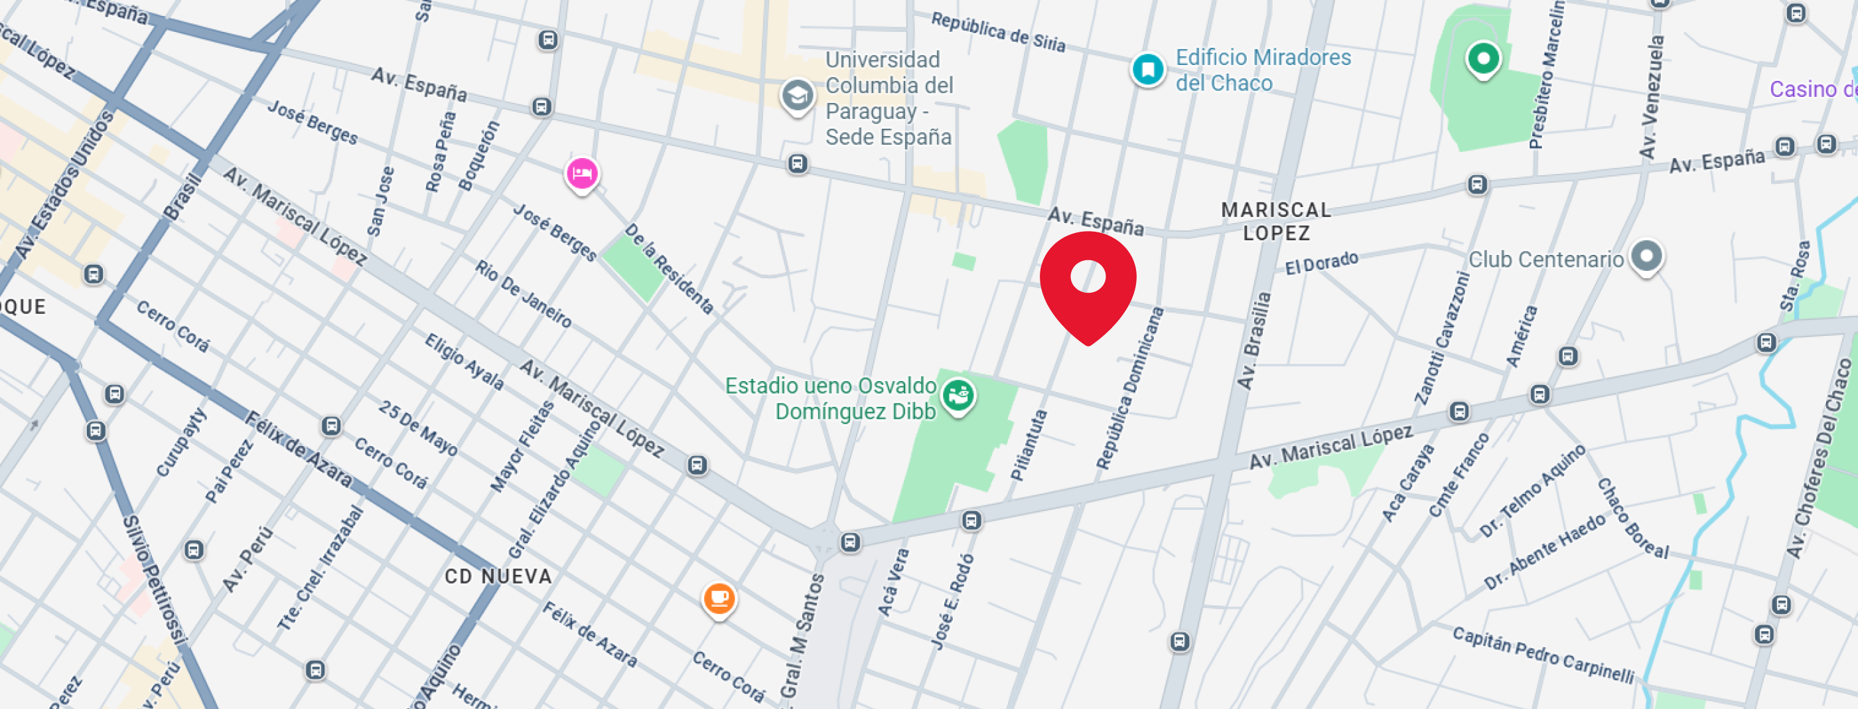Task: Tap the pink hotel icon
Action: coord(581,174)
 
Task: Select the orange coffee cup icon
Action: coord(719,599)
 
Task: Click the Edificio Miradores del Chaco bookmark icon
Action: coord(1147,70)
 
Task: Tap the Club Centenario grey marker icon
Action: coord(1646,256)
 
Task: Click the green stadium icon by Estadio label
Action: coord(958,394)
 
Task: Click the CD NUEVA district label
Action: coord(498,576)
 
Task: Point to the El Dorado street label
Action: coord(1321,264)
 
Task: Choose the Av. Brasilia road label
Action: coord(1253,341)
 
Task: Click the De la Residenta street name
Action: coord(669,268)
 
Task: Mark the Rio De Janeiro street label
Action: coord(523,293)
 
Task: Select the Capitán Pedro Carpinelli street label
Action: coord(1543,654)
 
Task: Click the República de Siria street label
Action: coord(997,32)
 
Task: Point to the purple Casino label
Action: coord(1812,90)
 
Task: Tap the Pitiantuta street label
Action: coord(1029,445)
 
